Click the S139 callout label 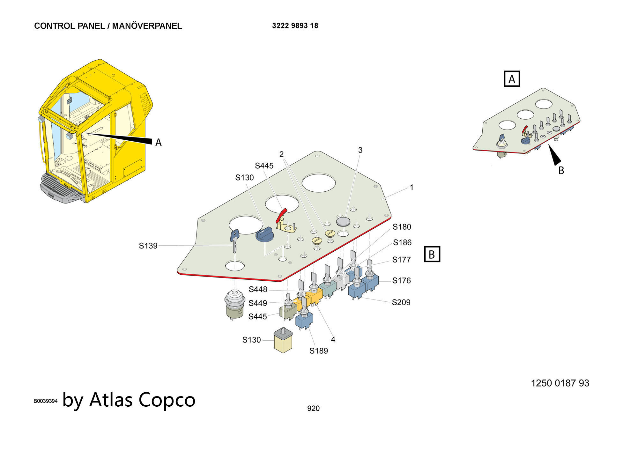(x=148, y=246)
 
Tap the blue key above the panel (x=234, y=239)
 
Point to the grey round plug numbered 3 (x=343, y=221)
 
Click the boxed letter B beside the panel (x=432, y=254)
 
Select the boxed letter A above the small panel (x=512, y=79)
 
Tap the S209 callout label (x=401, y=302)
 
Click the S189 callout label (x=318, y=351)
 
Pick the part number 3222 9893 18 (x=295, y=26)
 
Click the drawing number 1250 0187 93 (x=560, y=383)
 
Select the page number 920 (x=313, y=408)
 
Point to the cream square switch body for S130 (x=283, y=343)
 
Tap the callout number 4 (x=333, y=340)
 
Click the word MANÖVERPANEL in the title (x=147, y=26)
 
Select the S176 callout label (x=401, y=281)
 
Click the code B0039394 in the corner (x=46, y=401)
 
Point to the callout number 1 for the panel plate (x=412, y=188)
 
